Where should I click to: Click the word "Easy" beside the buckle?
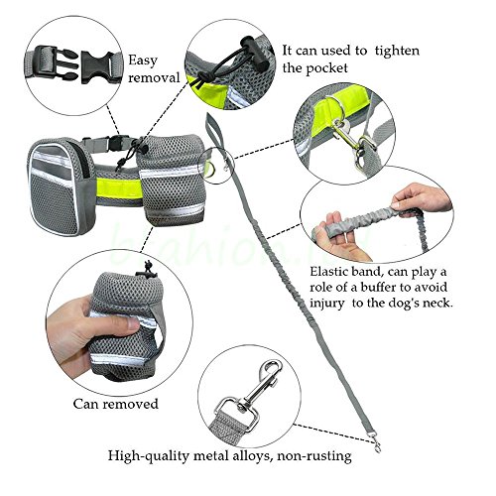coord(143,62)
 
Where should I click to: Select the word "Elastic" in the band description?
coord(328,272)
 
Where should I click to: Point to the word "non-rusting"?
coord(314,456)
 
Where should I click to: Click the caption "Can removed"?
coord(116,404)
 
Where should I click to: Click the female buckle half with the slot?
coord(98,67)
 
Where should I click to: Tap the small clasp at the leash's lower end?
coord(376,444)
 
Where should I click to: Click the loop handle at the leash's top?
coord(210,127)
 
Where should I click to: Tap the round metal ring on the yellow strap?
coord(335,107)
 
